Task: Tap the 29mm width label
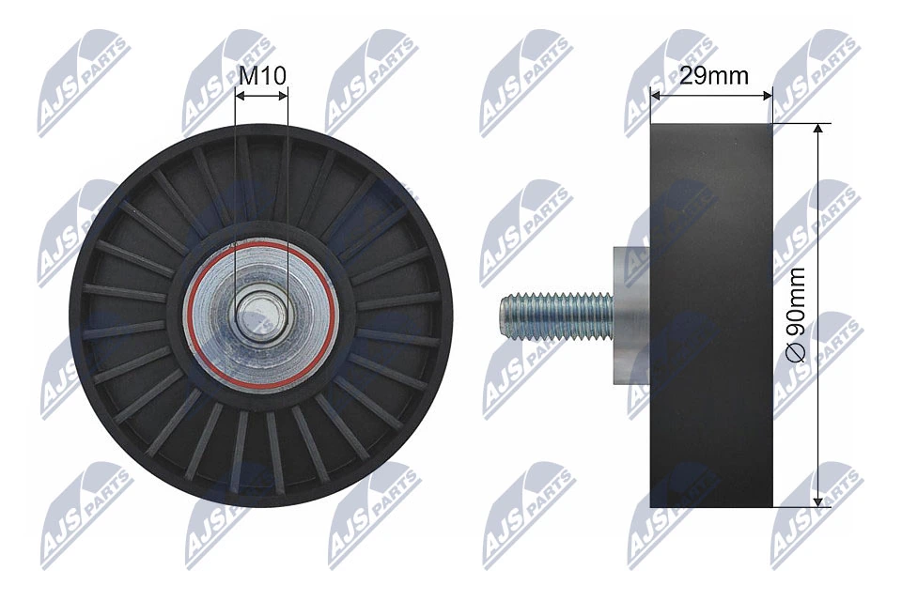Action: click(x=714, y=76)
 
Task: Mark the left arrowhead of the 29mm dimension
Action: click(x=656, y=95)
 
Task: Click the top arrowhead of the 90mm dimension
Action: click(x=819, y=130)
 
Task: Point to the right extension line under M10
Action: click(x=288, y=188)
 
